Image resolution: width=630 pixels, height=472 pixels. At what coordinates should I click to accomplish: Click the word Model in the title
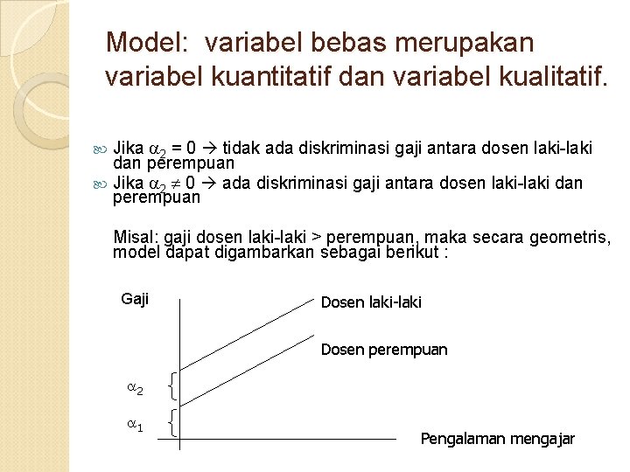pos(139,42)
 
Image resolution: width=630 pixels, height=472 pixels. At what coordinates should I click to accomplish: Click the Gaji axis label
pos(135,299)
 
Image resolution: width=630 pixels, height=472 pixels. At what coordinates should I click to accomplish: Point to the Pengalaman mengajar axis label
pos(497,439)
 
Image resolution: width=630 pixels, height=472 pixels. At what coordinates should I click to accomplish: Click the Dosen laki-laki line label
pos(371,302)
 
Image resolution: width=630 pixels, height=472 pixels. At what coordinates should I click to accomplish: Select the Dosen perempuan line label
pos(384,350)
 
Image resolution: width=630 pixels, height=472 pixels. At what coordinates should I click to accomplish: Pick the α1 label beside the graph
pos(134,426)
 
